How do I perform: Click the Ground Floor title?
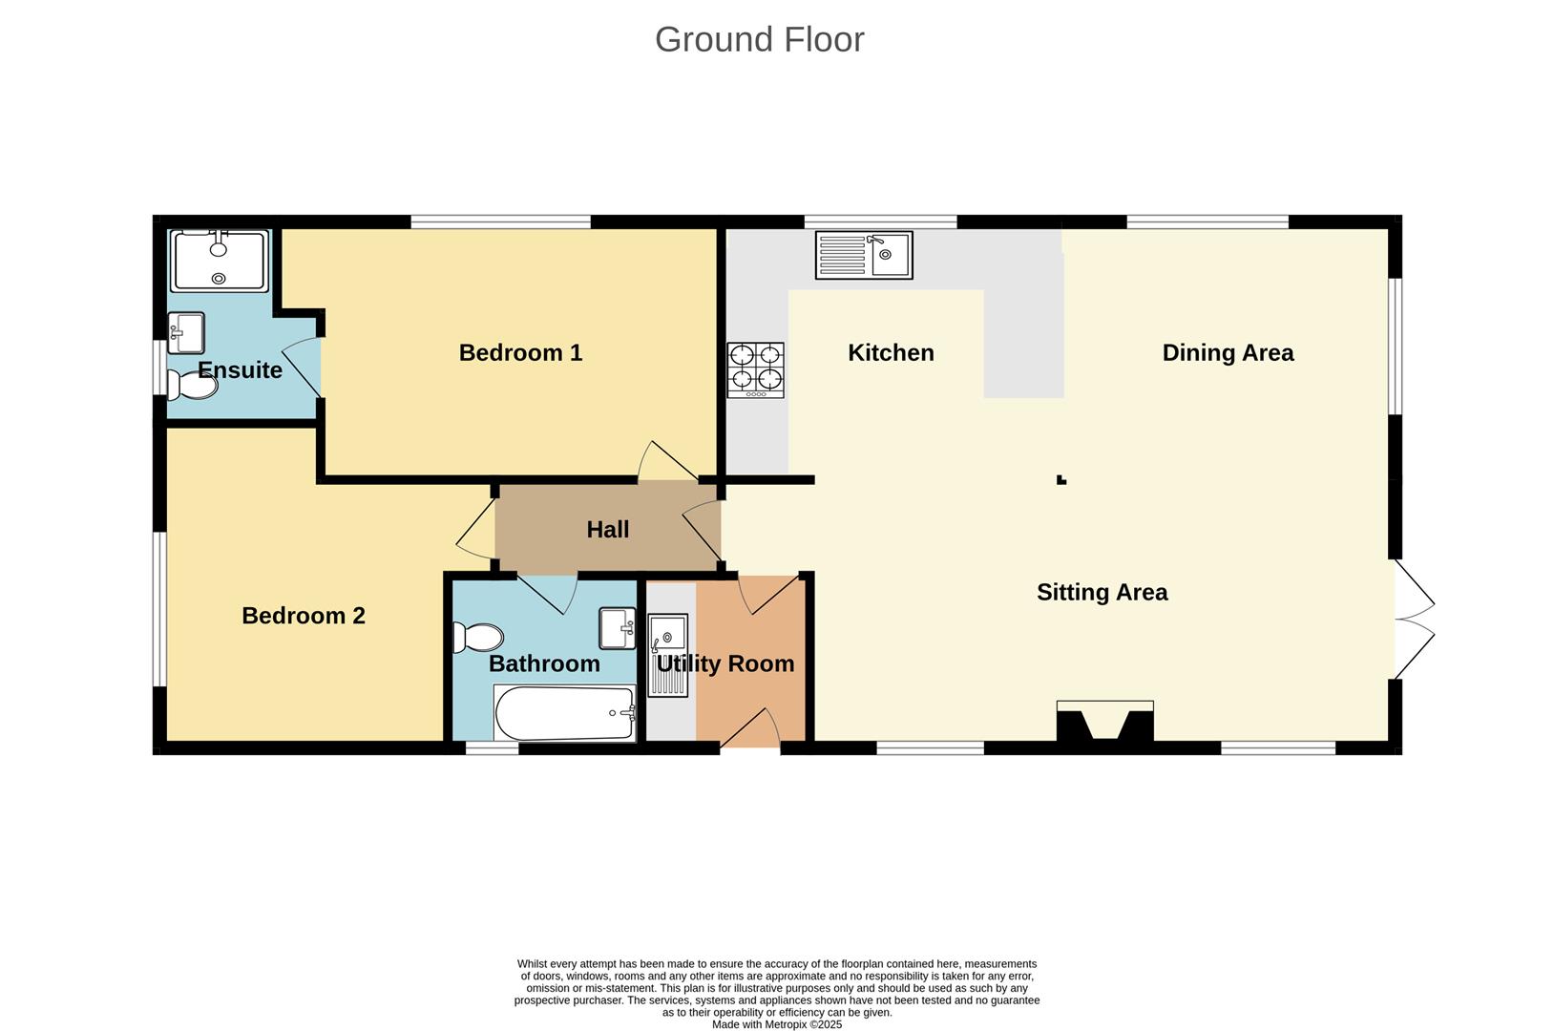tap(759, 40)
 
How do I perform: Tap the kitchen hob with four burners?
tap(755, 370)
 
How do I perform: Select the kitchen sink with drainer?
tap(864, 255)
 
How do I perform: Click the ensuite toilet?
tap(193, 386)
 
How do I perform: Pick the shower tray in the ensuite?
tap(219, 261)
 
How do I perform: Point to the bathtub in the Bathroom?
tap(564, 713)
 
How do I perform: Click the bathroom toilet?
tap(478, 637)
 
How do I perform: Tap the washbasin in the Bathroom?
tap(618, 628)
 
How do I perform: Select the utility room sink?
tap(667, 655)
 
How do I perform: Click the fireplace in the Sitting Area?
tap(1104, 722)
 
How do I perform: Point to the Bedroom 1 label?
tap(520, 353)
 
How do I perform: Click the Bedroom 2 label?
tap(303, 616)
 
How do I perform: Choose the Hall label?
tap(607, 530)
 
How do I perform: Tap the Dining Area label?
tap(1228, 353)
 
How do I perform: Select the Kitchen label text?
tap(891, 353)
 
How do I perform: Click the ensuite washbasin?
tap(185, 332)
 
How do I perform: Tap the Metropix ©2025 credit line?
tap(777, 1024)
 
